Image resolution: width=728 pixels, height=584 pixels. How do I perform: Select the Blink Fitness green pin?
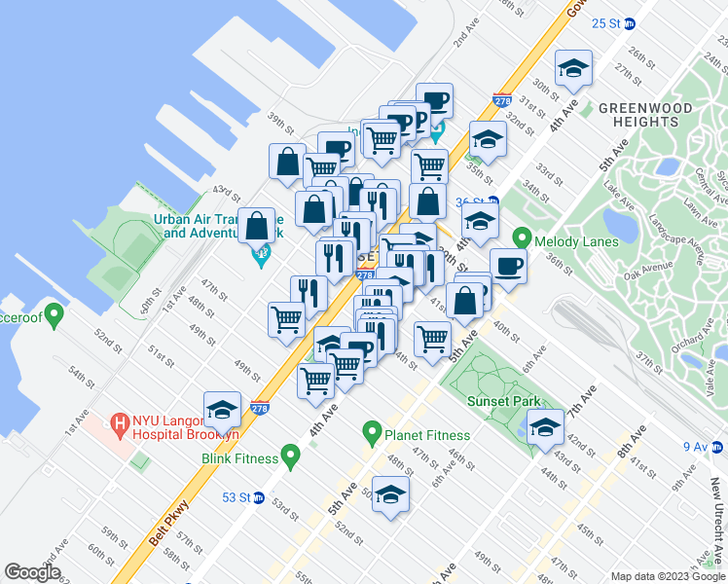click(289, 456)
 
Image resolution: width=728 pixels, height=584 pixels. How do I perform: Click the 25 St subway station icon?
click(629, 22)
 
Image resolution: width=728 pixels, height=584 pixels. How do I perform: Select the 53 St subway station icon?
click(258, 498)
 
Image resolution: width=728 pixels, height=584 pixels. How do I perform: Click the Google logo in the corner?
click(32, 572)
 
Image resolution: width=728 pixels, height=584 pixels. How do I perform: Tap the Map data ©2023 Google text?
click(667, 576)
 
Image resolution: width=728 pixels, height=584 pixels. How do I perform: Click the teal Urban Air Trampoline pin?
click(260, 260)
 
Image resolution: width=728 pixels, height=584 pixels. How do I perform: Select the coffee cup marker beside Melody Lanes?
click(508, 264)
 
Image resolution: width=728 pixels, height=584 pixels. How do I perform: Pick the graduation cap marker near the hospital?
click(223, 409)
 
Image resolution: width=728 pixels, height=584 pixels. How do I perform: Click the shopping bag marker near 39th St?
click(288, 162)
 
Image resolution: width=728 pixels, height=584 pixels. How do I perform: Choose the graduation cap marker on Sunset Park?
click(545, 427)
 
